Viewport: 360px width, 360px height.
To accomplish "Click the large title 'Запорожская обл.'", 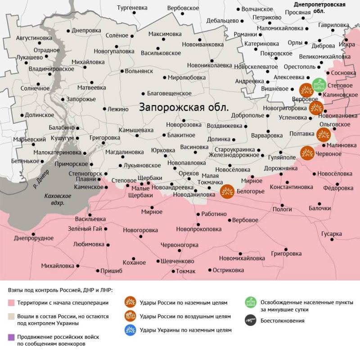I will (184, 108).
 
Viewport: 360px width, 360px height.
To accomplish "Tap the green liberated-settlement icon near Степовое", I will (319, 85).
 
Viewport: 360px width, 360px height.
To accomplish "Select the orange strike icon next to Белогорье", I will (227, 191).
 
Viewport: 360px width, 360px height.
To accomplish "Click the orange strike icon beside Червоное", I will (308, 153).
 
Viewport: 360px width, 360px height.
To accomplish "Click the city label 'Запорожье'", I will (81, 99).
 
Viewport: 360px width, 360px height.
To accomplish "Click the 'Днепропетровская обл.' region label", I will (319, 8).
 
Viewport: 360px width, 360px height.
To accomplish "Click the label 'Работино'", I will (214, 214).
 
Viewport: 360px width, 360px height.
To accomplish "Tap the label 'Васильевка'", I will (90, 219).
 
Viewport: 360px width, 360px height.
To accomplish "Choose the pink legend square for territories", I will (11, 302).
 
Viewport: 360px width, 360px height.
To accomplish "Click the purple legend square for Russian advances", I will (11, 337).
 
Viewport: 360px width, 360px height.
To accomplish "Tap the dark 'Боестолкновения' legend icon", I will (250, 321).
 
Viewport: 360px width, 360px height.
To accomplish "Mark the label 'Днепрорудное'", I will (34, 238).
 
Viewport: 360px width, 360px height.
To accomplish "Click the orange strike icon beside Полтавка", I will (323, 134).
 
